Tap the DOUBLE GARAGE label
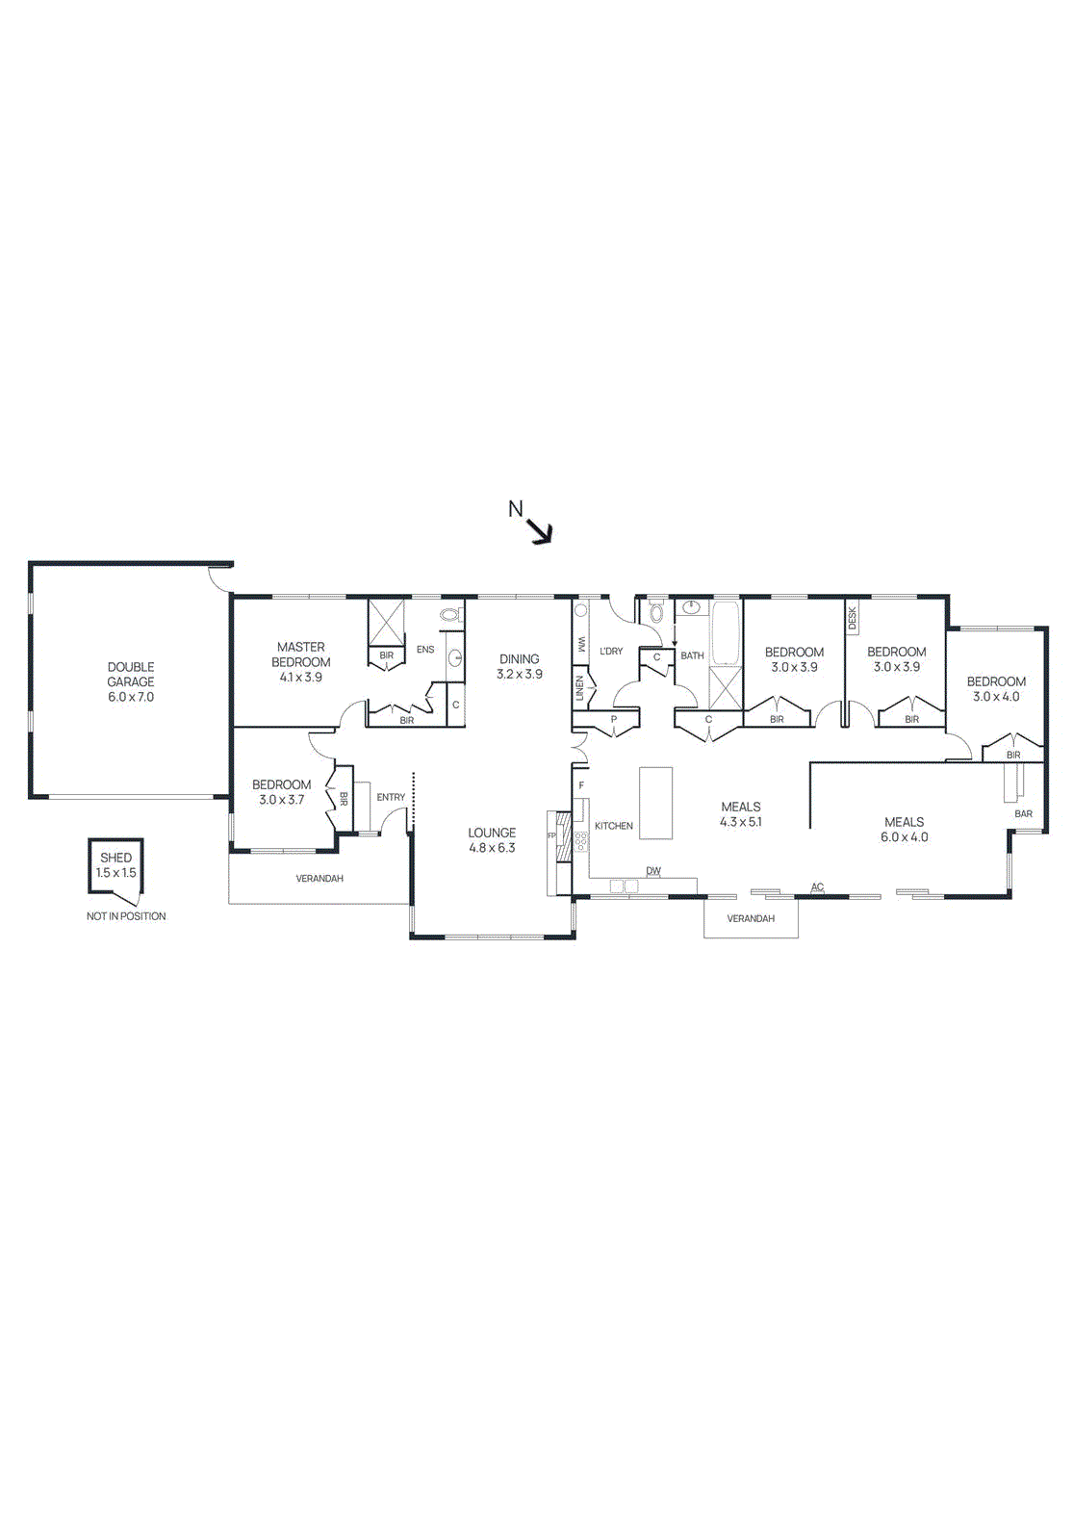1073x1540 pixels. click(131, 681)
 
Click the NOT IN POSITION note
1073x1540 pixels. click(126, 916)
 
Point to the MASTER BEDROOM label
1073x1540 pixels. click(301, 661)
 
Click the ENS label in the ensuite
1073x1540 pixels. click(425, 650)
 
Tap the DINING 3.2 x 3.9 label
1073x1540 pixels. click(520, 666)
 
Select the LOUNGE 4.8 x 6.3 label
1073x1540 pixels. click(492, 840)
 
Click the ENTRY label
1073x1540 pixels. click(391, 797)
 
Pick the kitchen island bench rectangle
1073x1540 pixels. click(655, 803)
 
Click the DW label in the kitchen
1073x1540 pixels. click(653, 871)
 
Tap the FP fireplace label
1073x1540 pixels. click(552, 835)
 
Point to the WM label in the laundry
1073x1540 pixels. click(581, 644)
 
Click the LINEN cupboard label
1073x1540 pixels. click(580, 687)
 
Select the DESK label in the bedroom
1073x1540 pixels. click(853, 619)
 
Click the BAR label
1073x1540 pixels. click(1023, 814)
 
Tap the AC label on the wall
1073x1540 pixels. click(817, 887)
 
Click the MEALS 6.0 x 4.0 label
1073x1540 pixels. click(904, 830)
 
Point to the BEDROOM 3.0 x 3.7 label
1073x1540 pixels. click(281, 792)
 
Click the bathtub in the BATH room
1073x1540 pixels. click(725, 634)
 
